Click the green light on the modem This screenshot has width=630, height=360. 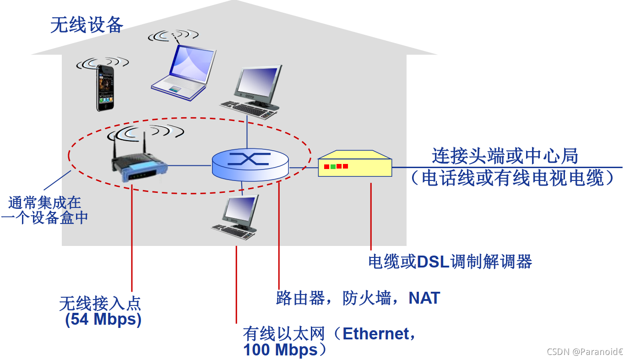pos(333,166)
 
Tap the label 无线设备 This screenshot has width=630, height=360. pos(87,25)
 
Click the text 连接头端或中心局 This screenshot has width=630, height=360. pos(505,156)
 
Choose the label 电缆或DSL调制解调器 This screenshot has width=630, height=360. pos(450,262)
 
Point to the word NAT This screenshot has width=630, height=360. pos(424,298)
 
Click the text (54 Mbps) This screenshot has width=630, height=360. pos(103,320)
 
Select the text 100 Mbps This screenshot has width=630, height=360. pos(280,350)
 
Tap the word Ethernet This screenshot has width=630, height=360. pos(375,334)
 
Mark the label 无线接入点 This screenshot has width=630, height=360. pos(100,303)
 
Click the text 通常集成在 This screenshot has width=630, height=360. pos(44,202)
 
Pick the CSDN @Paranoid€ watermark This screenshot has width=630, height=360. pos(585,351)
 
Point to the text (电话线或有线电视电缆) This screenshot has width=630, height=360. pos(512,178)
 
